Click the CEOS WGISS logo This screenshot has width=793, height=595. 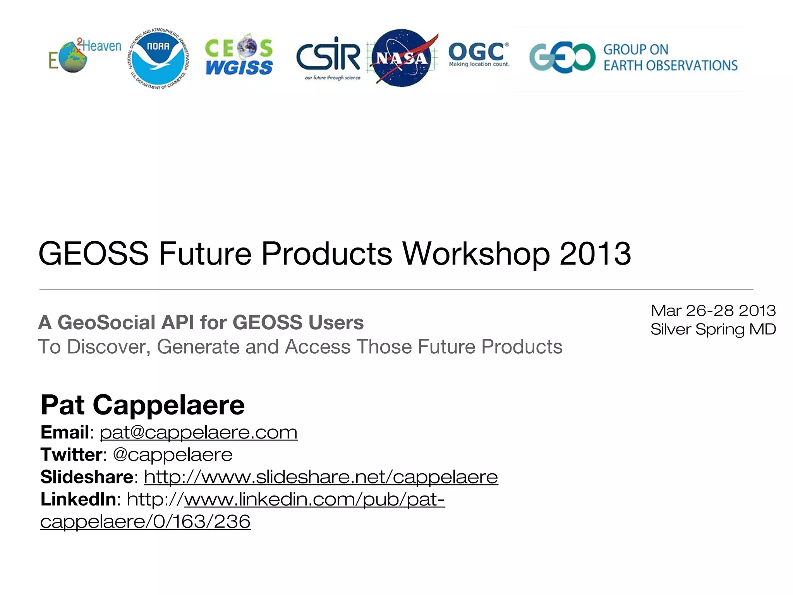click(239, 57)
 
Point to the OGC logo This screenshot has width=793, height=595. click(479, 54)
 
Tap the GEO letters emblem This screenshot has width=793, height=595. click(562, 58)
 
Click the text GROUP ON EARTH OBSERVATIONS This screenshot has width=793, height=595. click(670, 58)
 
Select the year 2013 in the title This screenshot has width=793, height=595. click(596, 254)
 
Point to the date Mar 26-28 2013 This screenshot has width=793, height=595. click(713, 311)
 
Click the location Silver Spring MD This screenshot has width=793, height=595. click(713, 329)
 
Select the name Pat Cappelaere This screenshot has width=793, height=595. click(143, 405)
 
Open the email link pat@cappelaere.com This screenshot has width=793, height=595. click(199, 432)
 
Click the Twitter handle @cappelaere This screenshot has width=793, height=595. click(173, 454)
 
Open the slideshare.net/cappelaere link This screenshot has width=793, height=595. click(321, 477)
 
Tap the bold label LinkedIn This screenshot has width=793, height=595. click(79, 499)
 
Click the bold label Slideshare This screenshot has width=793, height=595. click(87, 477)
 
